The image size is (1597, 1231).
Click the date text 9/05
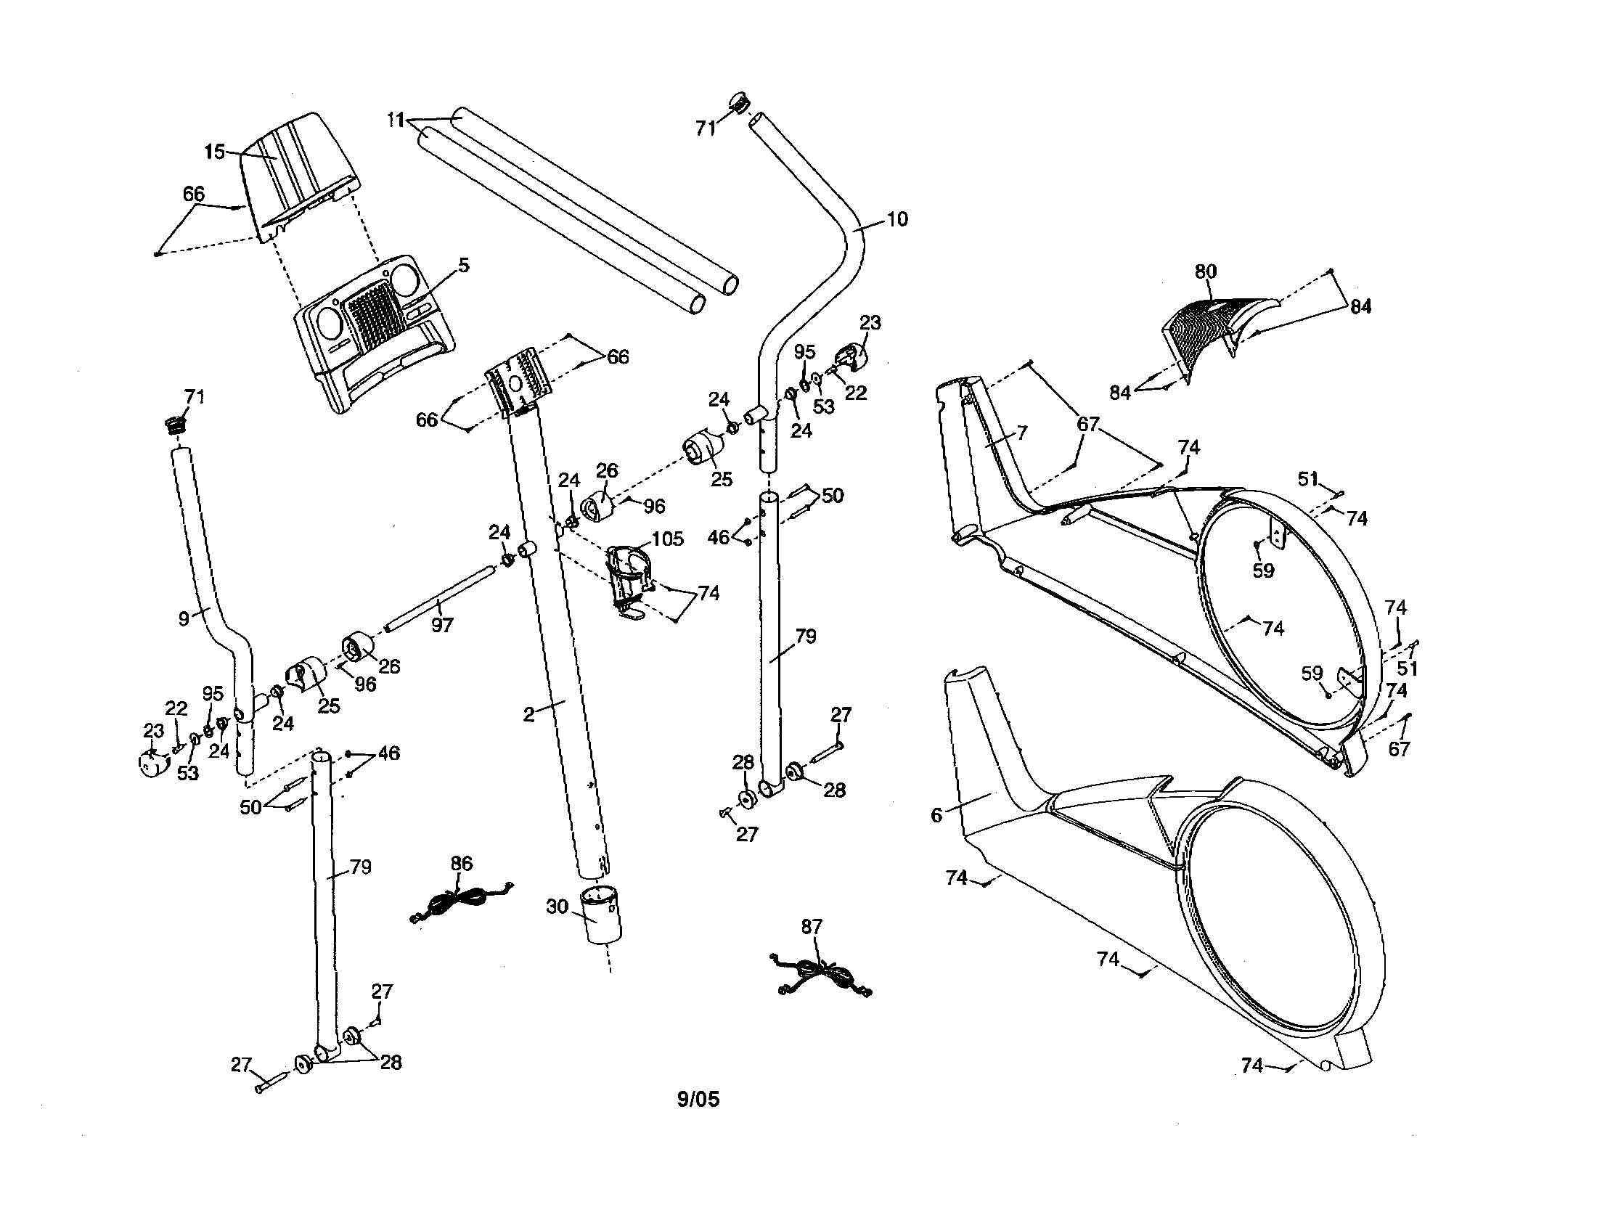(x=698, y=1100)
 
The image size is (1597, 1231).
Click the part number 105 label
(x=667, y=539)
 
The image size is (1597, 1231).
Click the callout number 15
(x=214, y=151)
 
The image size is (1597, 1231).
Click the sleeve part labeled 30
(x=601, y=915)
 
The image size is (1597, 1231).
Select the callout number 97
(x=442, y=625)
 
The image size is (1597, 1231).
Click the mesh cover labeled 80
(x=1214, y=329)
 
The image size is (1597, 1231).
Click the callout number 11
(x=396, y=120)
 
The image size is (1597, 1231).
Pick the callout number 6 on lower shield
(x=936, y=814)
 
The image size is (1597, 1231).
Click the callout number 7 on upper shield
(x=1021, y=433)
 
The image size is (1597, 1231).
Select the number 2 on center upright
(x=528, y=714)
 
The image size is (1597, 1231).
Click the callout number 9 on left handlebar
(x=184, y=618)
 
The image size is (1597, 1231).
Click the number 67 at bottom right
(x=1398, y=748)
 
